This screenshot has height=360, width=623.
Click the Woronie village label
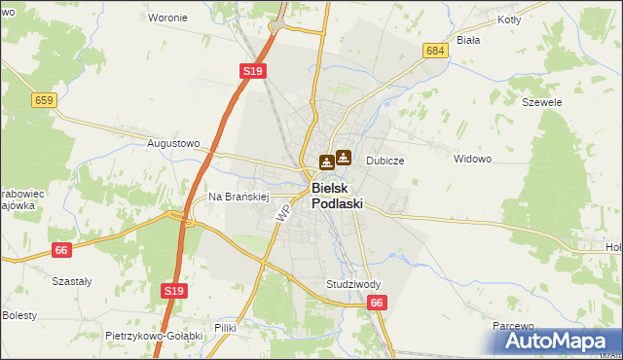pos(167,18)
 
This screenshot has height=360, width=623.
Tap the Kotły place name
pos(509,19)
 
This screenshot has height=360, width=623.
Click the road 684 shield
pos(435,50)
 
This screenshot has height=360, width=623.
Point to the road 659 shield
pos(43,100)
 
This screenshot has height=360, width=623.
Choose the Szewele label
pos(542,101)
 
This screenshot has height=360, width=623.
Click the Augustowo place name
pos(172,143)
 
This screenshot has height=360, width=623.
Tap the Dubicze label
pos(385,161)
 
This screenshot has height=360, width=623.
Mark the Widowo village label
pos(473,159)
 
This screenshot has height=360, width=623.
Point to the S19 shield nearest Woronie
pos(253,71)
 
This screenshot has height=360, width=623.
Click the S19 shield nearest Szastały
pos(173,291)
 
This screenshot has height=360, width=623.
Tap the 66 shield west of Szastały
pos(62,250)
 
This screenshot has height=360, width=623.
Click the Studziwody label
pos(353,284)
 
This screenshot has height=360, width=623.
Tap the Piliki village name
pos(226,328)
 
